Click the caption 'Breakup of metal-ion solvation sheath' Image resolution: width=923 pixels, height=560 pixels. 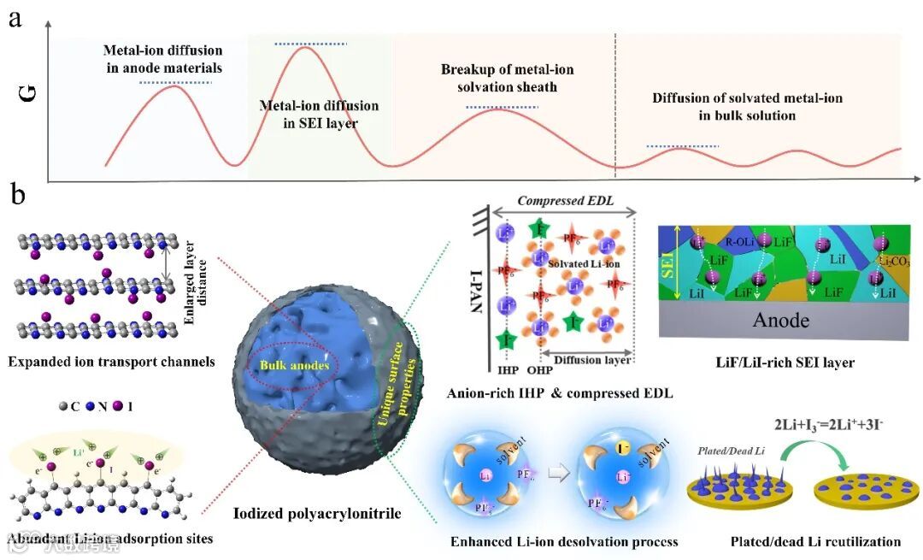tap(508, 78)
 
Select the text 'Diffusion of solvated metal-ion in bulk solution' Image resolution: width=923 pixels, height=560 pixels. tap(747, 106)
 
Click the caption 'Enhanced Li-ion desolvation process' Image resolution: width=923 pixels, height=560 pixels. tap(564, 541)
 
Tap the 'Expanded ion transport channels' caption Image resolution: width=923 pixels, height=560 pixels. tap(111, 362)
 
